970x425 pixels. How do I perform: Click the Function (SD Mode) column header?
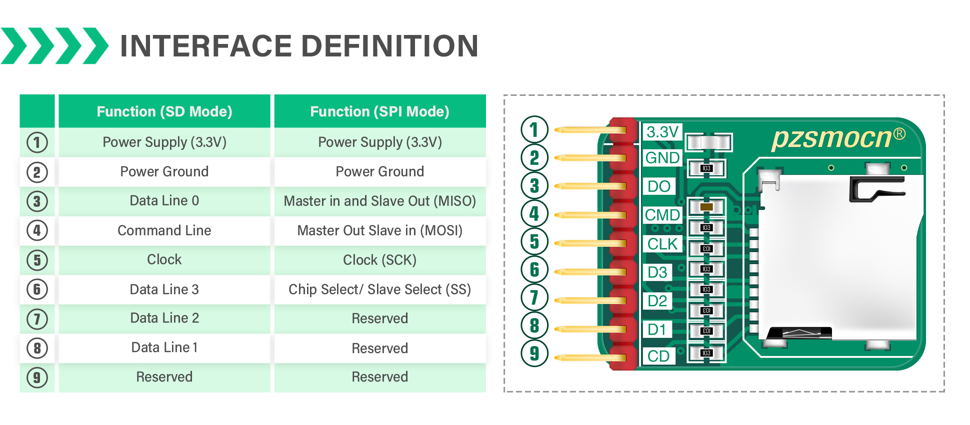click(164, 111)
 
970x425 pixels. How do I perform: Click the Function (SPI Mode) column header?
click(379, 111)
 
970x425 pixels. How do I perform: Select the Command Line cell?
click(164, 230)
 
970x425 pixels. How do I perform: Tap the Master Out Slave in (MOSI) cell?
click(379, 230)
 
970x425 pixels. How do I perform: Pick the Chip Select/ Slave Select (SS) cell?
click(379, 289)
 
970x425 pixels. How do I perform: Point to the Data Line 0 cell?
click(164, 201)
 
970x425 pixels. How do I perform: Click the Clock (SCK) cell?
click(379, 260)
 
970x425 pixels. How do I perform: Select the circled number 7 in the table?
click(37, 319)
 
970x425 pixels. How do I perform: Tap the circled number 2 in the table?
click(37, 172)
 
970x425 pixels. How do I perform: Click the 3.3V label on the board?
click(662, 132)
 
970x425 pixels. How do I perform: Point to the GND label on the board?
click(662, 158)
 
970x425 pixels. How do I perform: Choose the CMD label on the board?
click(662, 215)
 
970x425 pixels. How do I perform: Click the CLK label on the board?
click(662, 244)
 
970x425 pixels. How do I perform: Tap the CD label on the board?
click(658, 356)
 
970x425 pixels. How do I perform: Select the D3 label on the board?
click(657, 272)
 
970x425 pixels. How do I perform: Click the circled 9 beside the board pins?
click(534, 353)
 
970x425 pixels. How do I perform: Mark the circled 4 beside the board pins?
click(534, 214)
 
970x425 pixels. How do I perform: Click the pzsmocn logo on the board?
click(832, 138)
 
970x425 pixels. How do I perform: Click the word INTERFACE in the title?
click(205, 46)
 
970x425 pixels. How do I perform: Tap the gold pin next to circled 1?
click(590, 130)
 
